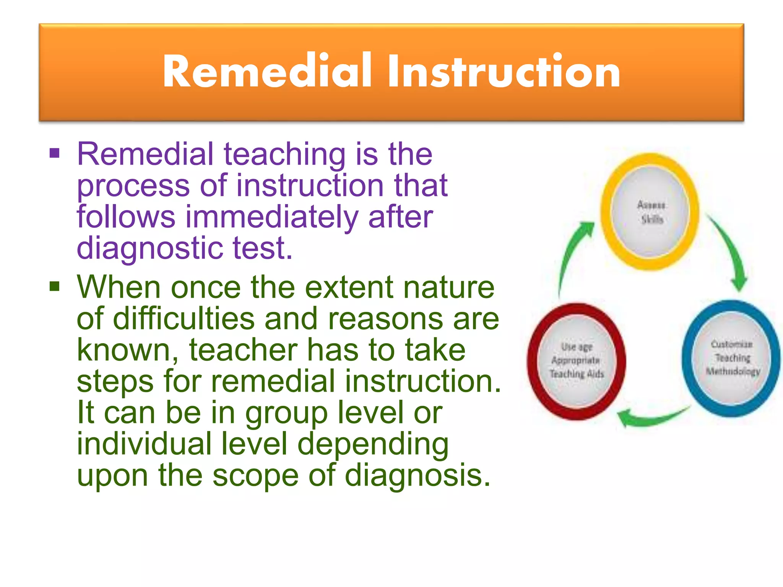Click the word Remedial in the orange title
coord(267,71)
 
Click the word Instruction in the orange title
coord(504,71)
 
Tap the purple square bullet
coord(55,153)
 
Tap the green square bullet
coord(55,286)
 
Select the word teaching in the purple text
coord(284,155)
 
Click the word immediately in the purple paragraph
coord(272,217)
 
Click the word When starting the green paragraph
coord(118,287)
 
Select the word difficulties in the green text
coord(184,319)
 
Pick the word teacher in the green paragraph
coord(243,350)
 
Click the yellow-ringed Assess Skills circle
coord(650,212)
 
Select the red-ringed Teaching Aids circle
coord(577,361)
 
